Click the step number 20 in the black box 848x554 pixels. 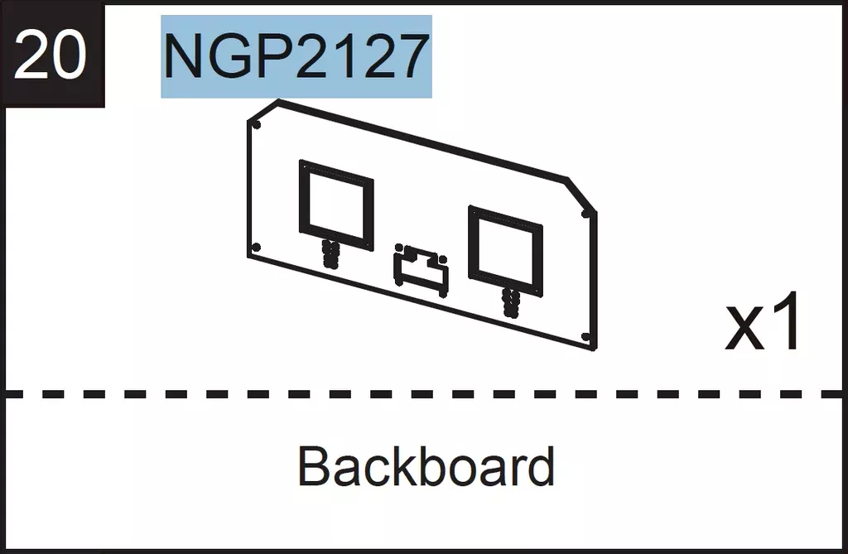[50, 55]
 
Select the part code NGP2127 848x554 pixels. [296, 56]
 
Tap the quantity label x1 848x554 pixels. [763, 322]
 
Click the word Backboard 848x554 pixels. [426, 466]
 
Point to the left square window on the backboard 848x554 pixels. [301, 205]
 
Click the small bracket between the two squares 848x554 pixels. [422, 270]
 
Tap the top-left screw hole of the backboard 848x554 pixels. [257, 126]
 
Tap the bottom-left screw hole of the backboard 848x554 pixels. [257, 248]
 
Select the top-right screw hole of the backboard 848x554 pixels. [585, 214]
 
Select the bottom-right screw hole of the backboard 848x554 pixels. [585, 337]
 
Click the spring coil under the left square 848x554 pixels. [330, 253]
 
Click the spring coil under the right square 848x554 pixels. [510, 302]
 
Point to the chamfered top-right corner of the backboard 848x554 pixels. [581, 195]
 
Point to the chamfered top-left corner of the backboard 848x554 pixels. [263, 110]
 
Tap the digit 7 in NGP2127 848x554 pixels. [411, 56]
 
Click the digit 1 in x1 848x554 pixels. [787, 322]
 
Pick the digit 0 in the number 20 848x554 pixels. [70, 55]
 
